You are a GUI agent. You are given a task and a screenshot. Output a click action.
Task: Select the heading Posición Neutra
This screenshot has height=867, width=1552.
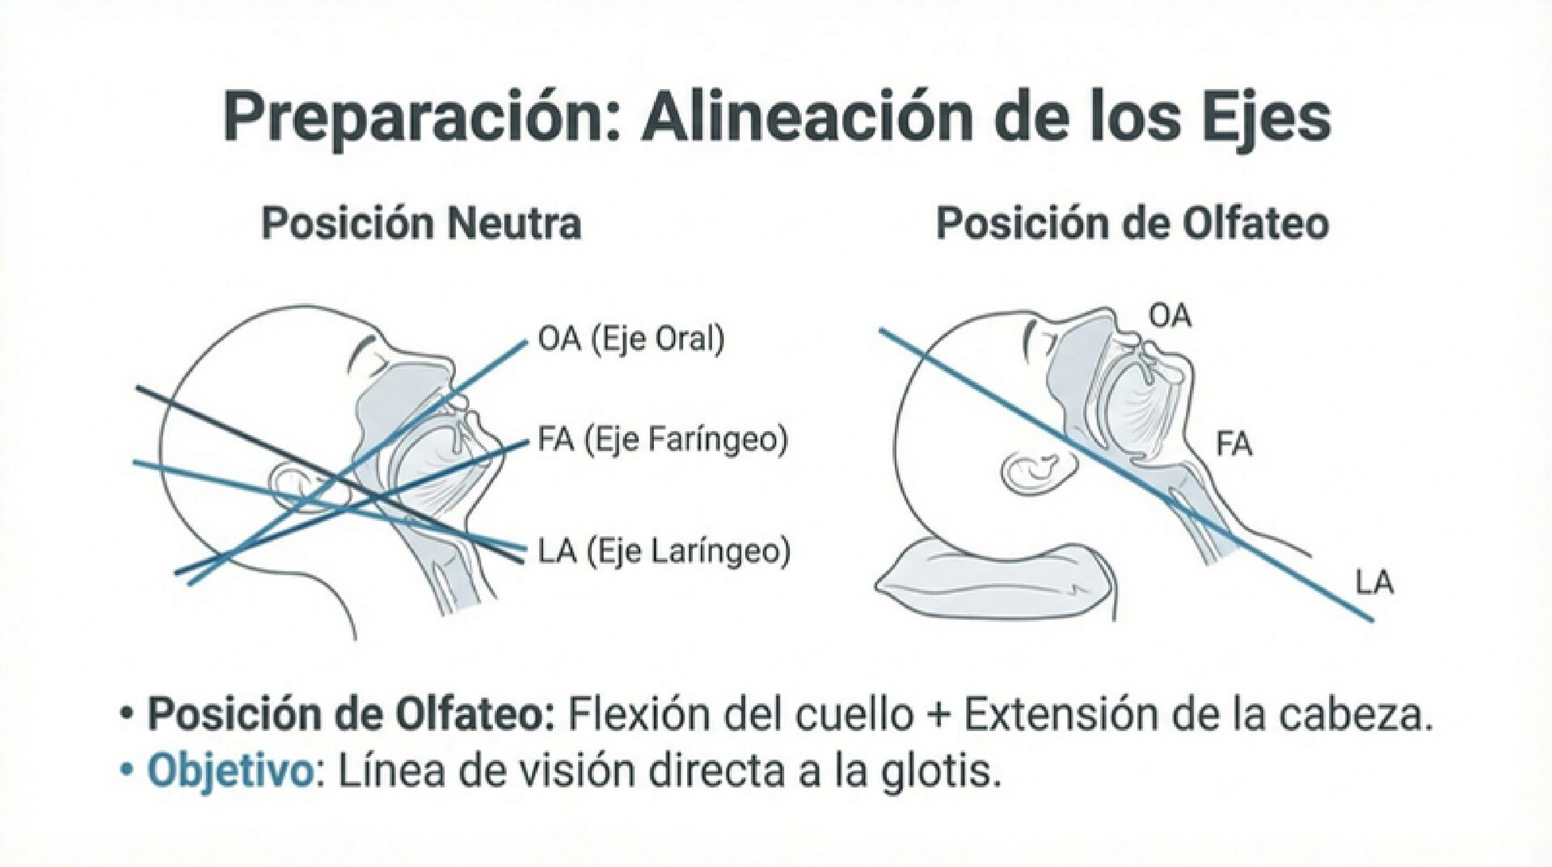click(x=421, y=224)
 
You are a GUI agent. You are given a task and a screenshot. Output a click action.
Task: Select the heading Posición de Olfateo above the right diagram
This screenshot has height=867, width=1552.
click(x=1132, y=224)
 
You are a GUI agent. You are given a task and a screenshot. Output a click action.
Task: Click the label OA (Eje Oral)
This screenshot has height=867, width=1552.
click(x=631, y=340)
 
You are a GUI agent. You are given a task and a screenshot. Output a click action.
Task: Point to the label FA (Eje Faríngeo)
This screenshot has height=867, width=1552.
click(x=662, y=441)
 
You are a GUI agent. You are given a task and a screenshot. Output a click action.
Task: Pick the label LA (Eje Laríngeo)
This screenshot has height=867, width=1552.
click(x=664, y=552)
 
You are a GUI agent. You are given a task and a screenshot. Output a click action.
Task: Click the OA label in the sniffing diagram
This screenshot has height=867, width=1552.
click(x=1170, y=316)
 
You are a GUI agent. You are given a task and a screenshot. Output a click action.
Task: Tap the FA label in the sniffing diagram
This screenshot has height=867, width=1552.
click(x=1234, y=444)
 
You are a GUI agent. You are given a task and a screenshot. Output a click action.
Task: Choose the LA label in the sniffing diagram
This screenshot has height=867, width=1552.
click(x=1374, y=583)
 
